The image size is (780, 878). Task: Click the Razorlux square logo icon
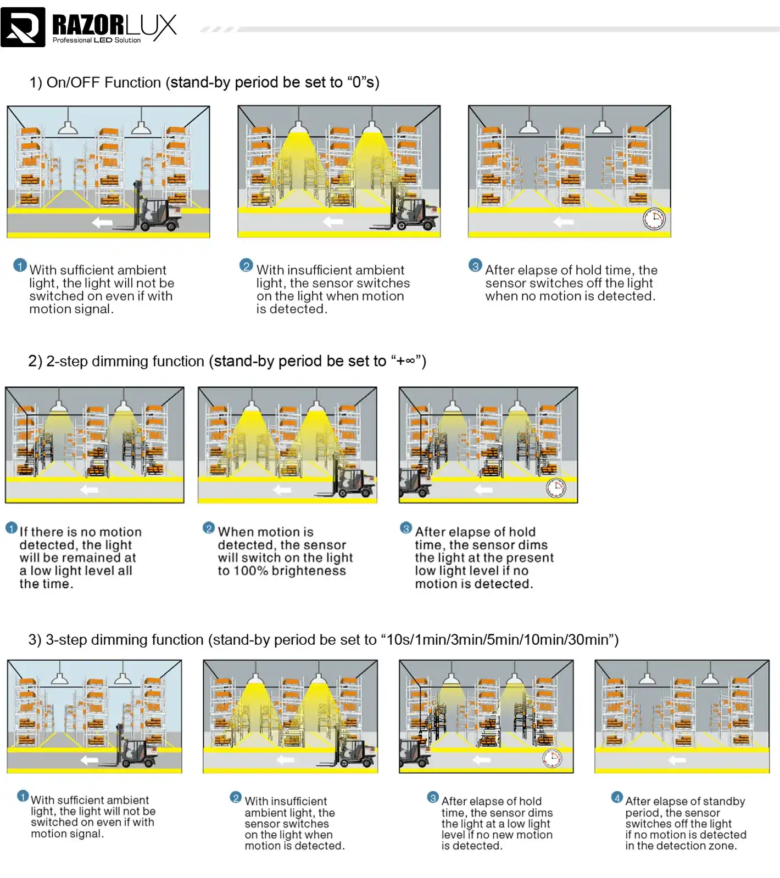pyautogui.click(x=23, y=27)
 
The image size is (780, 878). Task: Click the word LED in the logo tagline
pyautogui.click(x=103, y=40)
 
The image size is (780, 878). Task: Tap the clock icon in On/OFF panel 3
pyautogui.click(x=654, y=219)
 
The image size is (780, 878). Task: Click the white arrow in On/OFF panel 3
pyautogui.click(x=563, y=222)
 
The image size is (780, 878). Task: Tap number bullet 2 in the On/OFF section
pyautogui.click(x=246, y=266)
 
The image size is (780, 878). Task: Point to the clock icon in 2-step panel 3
pyautogui.click(x=556, y=488)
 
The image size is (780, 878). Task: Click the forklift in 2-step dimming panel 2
pyautogui.click(x=352, y=482)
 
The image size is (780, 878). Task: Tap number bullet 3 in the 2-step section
pyautogui.click(x=405, y=528)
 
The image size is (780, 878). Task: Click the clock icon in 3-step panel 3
pyautogui.click(x=552, y=758)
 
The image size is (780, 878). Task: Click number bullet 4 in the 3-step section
pyautogui.click(x=617, y=797)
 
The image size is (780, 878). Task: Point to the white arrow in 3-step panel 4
pyautogui.click(x=677, y=760)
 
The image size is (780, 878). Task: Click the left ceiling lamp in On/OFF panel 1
pyautogui.click(x=68, y=127)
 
